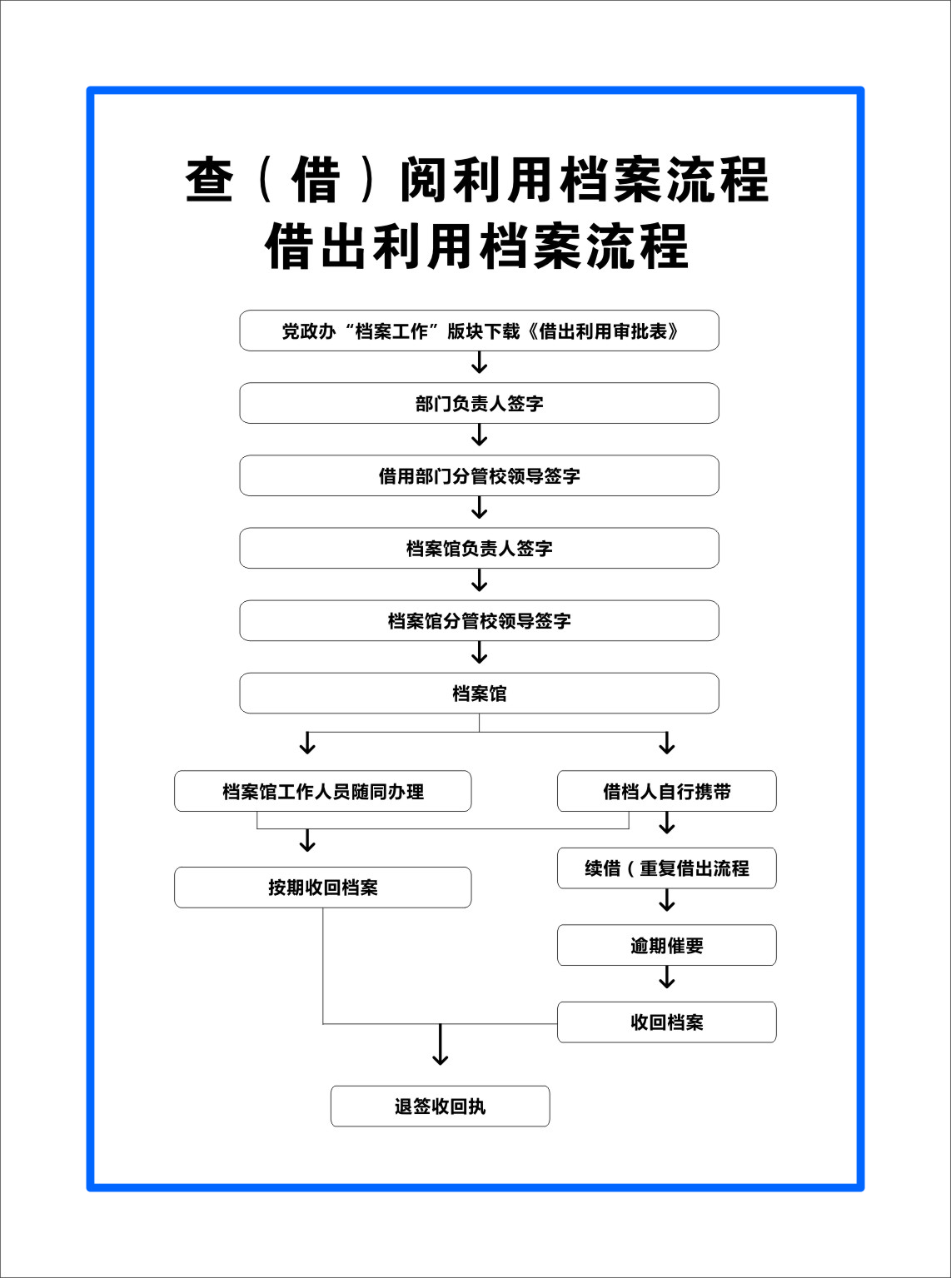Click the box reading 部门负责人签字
pyautogui.click(x=479, y=403)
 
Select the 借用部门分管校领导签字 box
pyautogui.click(x=479, y=475)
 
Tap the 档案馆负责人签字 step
pyautogui.click(x=479, y=548)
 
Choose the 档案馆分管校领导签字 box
pyautogui.click(x=479, y=620)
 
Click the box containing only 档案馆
pyautogui.click(x=479, y=694)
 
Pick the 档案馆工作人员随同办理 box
pyautogui.click(x=323, y=791)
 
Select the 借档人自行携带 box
pyautogui.click(x=667, y=791)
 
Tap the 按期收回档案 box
pyautogui.click(x=323, y=888)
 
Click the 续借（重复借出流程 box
pyautogui.click(x=667, y=868)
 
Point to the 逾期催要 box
pyautogui.click(x=667, y=945)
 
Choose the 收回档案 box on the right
pyautogui.click(x=667, y=1022)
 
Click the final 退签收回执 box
pyautogui.click(x=441, y=1106)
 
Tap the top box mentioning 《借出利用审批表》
pyautogui.click(x=479, y=331)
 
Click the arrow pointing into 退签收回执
pyautogui.click(x=441, y=1044)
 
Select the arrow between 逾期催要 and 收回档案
pyautogui.click(x=667, y=977)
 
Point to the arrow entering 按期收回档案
pyautogui.click(x=308, y=841)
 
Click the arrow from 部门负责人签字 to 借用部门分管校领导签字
pyautogui.click(x=480, y=435)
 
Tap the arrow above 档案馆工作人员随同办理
pyautogui.click(x=308, y=743)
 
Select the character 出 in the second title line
pyautogui.click(x=344, y=246)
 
